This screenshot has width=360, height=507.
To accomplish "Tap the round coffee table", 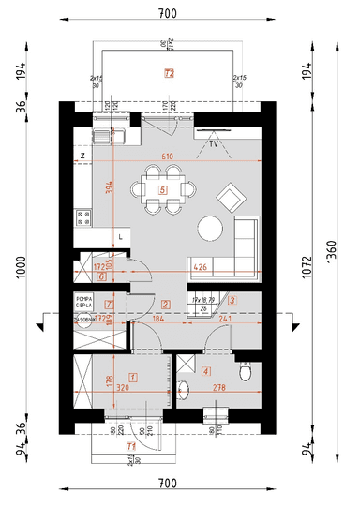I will (x=209, y=228).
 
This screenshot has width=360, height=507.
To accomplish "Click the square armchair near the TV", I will (x=229, y=197).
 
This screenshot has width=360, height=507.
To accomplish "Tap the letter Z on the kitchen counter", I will (x=83, y=156).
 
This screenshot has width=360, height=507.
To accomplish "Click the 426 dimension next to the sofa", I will (x=200, y=267).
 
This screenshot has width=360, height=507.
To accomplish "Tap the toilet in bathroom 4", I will (x=247, y=373).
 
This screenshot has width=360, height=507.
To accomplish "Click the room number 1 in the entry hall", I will (x=133, y=378).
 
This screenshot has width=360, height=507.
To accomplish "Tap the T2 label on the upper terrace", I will (x=169, y=72).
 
